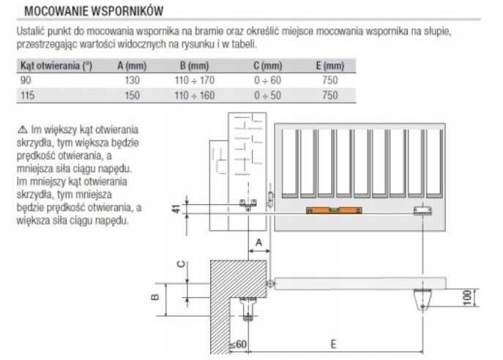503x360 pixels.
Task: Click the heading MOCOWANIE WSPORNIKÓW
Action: [x=94, y=11]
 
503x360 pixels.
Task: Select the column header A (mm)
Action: [x=132, y=66]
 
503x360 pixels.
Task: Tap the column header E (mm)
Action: [x=329, y=66]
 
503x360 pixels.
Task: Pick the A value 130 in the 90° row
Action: [x=133, y=80]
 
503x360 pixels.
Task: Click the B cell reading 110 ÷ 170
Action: [x=195, y=80]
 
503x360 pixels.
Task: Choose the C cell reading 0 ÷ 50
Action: [x=267, y=96]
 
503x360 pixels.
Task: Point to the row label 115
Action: [x=27, y=96]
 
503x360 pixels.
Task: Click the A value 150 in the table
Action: [x=133, y=96]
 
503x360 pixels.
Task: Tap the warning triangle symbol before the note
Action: [x=23, y=130]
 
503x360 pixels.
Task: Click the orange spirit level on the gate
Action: [x=334, y=210]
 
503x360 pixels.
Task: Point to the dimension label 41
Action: [x=176, y=209]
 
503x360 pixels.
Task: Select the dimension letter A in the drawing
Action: [x=258, y=242]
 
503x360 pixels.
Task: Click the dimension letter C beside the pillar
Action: [x=182, y=264]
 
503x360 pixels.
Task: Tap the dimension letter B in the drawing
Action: [x=154, y=297]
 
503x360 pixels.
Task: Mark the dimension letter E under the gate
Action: [x=333, y=345]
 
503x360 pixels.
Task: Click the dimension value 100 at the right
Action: [x=468, y=298]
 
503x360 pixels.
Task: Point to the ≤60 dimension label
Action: [x=238, y=345]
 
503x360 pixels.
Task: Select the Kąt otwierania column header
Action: [x=56, y=66]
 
